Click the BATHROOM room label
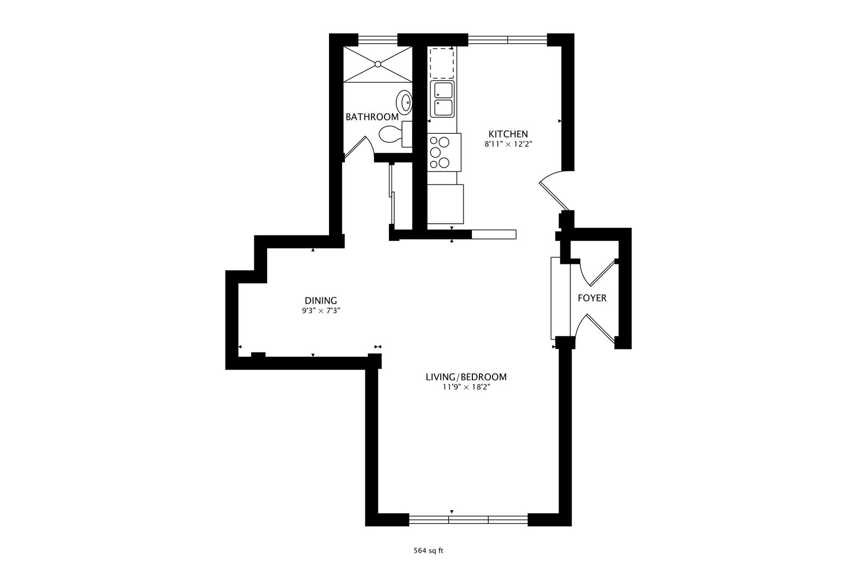[x=372, y=117]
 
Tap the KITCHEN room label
[x=508, y=134]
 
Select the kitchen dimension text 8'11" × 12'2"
[x=508, y=144]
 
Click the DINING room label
[x=321, y=301]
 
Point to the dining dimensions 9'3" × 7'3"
[x=321, y=311]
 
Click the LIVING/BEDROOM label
[x=466, y=377]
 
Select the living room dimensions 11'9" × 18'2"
[x=466, y=387]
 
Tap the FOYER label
[x=592, y=298]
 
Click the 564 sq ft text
[x=428, y=551]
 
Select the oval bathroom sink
[x=405, y=102]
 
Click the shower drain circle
[x=378, y=64]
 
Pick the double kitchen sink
[x=443, y=99]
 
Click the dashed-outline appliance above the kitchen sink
[x=441, y=63]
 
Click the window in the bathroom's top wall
[x=378, y=39]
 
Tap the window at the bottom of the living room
[x=468, y=520]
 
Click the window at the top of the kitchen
[x=507, y=39]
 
